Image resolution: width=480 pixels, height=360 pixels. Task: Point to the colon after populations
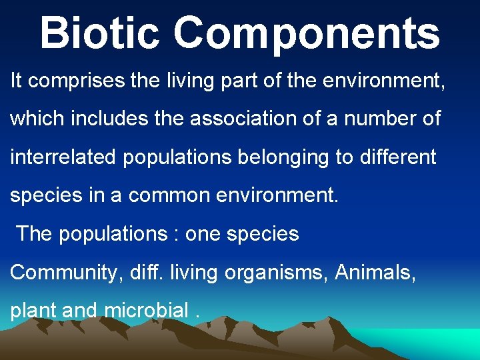pos(176,235)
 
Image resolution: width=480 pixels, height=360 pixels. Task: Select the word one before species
pos(203,235)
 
